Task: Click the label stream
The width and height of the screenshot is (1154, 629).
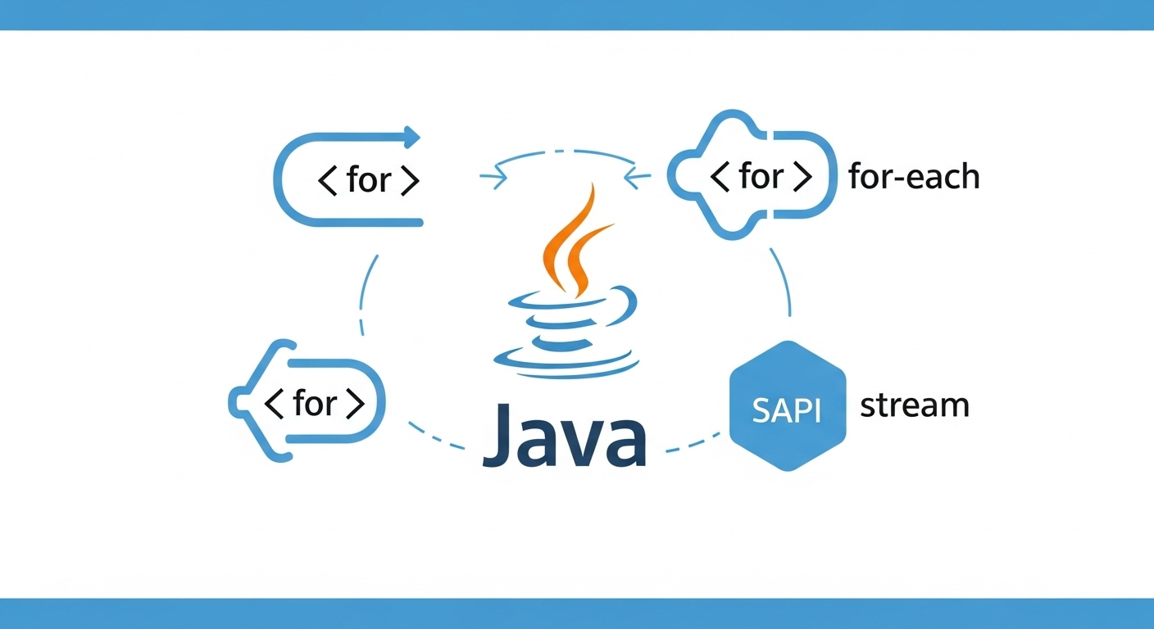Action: [x=914, y=405]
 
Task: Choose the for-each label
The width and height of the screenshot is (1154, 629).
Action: [x=914, y=177]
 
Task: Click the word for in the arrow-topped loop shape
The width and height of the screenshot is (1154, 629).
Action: [x=369, y=180]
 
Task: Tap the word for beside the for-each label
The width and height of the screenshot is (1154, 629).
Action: [x=761, y=176]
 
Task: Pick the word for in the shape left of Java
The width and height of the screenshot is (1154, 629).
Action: [x=316, y=403]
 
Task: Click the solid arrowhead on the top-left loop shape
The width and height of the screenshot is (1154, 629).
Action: [x=412, y=137]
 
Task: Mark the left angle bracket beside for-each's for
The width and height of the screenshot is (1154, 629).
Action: [x=719, y=177]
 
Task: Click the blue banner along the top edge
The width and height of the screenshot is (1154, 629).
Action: [x=577, y=15]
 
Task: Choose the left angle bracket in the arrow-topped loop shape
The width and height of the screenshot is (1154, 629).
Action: [x=326, y=181]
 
